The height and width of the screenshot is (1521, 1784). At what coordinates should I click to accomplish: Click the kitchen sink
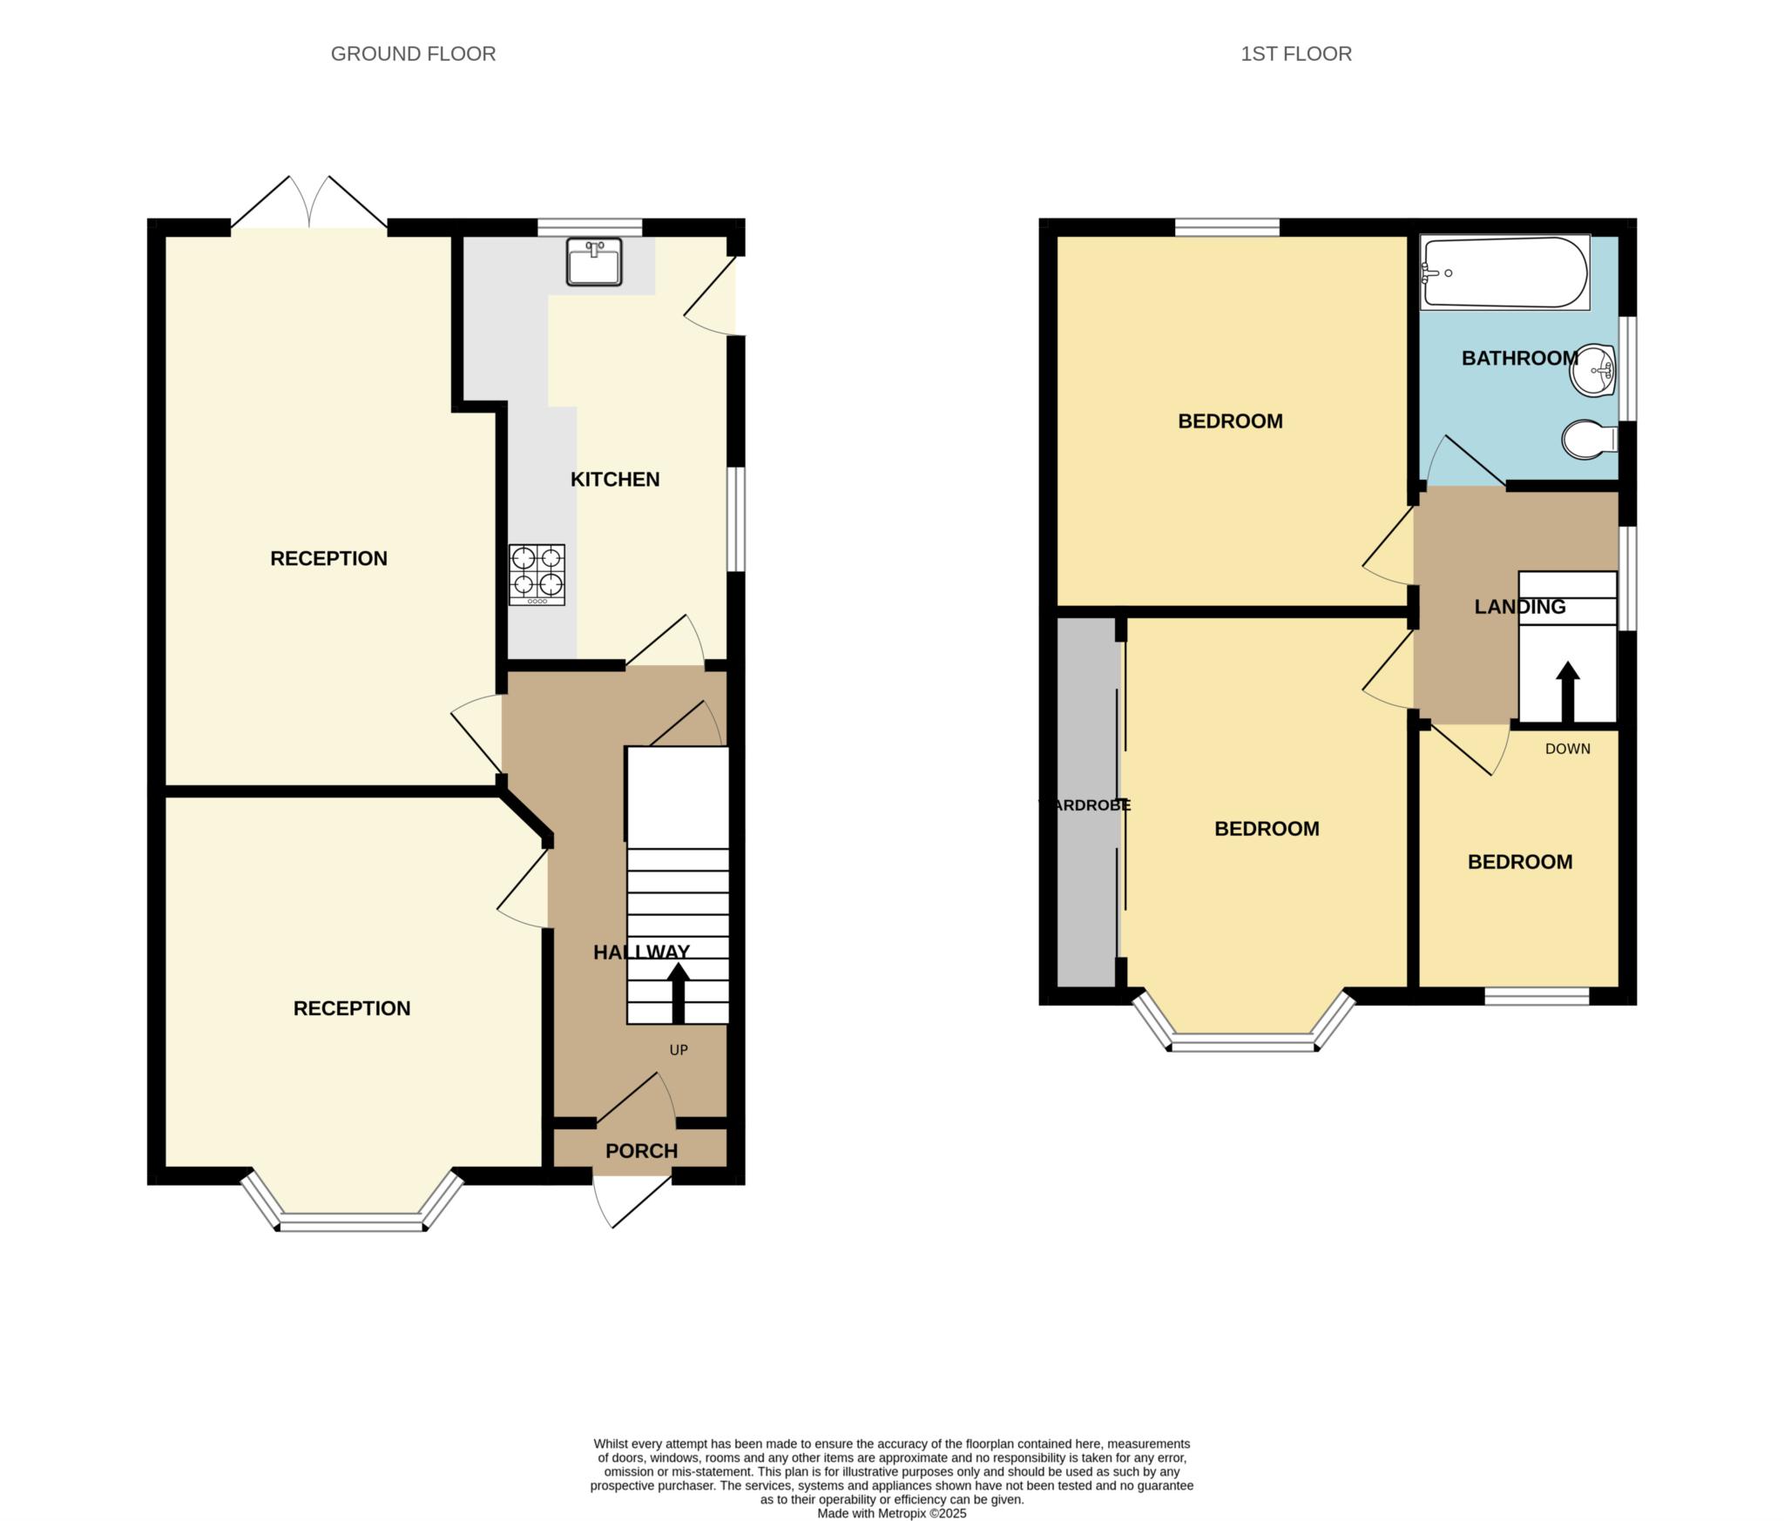coord(593,261)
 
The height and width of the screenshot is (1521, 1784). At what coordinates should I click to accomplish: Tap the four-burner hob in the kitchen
coord(537,575)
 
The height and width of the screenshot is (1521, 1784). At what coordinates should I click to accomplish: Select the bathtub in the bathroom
coord(1504,272)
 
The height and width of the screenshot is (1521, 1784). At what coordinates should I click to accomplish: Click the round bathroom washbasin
coord(1593,370)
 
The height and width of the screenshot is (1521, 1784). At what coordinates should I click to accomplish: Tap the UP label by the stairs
coord(679,1050)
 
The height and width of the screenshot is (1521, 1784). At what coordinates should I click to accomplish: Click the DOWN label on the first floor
coord(1567,749)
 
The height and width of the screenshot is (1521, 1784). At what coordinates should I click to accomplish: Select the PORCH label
coord(641,1151)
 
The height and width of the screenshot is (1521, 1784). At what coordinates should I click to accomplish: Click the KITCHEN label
coord(615,479)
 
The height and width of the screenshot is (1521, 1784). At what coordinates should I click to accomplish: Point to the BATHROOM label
coord(1520,358)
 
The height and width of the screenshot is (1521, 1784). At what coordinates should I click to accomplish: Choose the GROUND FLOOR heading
coord(413,54)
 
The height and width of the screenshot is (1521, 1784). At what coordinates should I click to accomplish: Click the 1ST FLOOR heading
coord(1296,54)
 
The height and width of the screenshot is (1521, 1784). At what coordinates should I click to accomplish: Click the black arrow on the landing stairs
coord(1567,693)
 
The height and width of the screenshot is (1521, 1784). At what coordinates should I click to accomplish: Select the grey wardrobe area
coord(1086,802)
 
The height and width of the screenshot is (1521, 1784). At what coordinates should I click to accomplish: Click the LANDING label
coord(1520,607)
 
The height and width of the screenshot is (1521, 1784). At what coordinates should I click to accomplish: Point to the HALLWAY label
coord(642,952)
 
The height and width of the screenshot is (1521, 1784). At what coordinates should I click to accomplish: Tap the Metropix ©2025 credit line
coord(892,1514)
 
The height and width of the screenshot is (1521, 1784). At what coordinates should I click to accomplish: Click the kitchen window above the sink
coord(590,227)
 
